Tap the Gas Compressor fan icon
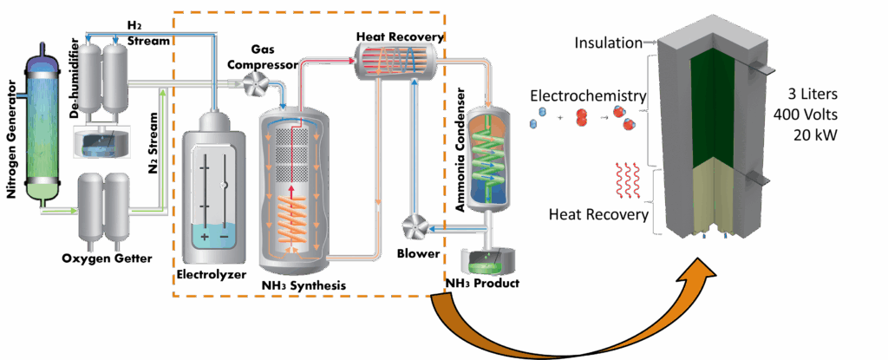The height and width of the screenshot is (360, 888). [x=251, y=84]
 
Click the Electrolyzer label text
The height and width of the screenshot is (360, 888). [x=210, y=275]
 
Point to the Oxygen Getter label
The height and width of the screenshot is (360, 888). [x=107, y=259]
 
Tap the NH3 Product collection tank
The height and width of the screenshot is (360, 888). [x=486, y=259]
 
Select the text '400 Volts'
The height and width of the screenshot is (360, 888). [x=806, y=115]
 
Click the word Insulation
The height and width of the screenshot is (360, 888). [x=608, y=43]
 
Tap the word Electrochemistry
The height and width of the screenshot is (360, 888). [x=588, y=95]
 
